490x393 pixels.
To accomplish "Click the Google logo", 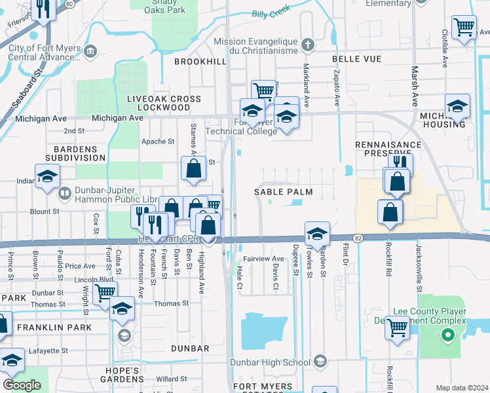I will (22, 385).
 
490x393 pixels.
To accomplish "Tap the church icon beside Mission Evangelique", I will (308, 45).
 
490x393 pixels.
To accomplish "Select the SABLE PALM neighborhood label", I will (284, 192).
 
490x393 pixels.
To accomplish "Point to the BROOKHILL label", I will (200, 61).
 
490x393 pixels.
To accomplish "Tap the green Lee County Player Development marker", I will (448, 336).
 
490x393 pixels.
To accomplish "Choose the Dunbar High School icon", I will (320, 362).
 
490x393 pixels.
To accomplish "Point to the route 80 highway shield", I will (69, 3).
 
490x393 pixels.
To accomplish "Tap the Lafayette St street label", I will (49, 352).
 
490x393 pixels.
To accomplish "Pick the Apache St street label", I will (159, 141).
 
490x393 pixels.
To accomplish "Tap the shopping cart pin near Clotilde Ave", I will (464, 28).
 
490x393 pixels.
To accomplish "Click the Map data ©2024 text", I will (462, 387).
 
